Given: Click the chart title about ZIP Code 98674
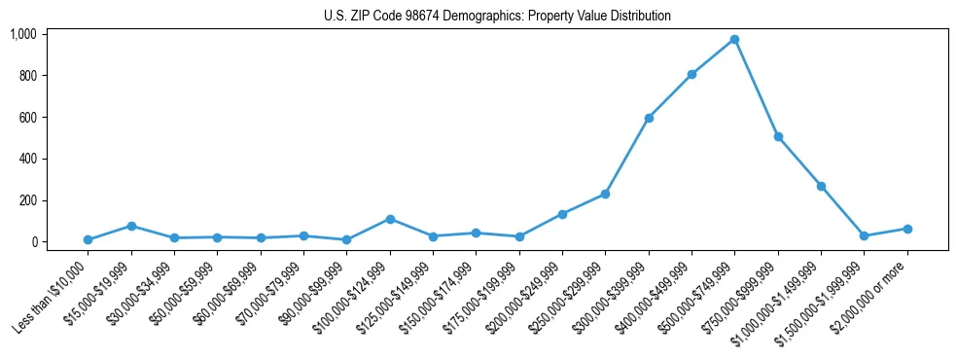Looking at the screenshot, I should (x=497, y=16).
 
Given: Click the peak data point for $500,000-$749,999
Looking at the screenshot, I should (x=734, y=40).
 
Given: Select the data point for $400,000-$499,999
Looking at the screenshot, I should (x=691, y=74).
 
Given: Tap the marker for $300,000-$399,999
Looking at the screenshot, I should (x=649, y=118).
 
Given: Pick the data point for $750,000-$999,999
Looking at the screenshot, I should (x=778, y=137).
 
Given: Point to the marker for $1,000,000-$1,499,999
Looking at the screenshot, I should (x=821, y=186).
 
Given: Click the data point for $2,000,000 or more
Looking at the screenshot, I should (x=906, y=229).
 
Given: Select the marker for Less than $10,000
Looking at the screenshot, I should (x=88, y=239).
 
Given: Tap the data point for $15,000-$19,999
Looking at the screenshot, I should (x=131, y=226).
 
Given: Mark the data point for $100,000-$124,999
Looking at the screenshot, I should (x=390, y=219).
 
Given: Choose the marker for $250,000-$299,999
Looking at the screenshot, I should (x=605, y=194).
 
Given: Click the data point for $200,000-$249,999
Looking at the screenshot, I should (x=562, y=214).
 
